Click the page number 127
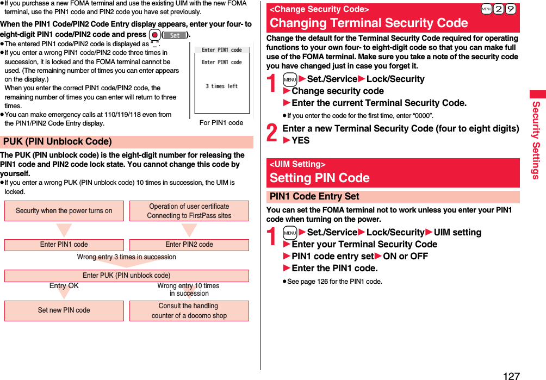[x=511, y=375]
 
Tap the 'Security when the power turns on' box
[x=64, y=211]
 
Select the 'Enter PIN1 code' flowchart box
[x=64, y=245]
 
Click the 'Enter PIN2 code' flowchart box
[x=189, y=245]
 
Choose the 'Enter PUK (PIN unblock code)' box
[x=127, y=276]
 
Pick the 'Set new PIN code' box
[x=64, y=310]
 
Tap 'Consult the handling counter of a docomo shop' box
[x=189, y=310]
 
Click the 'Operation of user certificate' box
[x=189, y=211]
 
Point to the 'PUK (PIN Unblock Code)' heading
[x=58, y=142]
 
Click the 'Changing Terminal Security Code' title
[x=369, y=23]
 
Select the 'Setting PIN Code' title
[x=320, y=178]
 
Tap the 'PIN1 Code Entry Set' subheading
[x=314, y=197]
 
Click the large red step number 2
[x=272, y=133]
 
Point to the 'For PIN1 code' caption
[x=221, y=123]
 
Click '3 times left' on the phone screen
[x=221, y=86]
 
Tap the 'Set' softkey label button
[x=175, y=35]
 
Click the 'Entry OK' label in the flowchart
[x=64, y=286]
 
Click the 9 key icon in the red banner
[x=510, y=10]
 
